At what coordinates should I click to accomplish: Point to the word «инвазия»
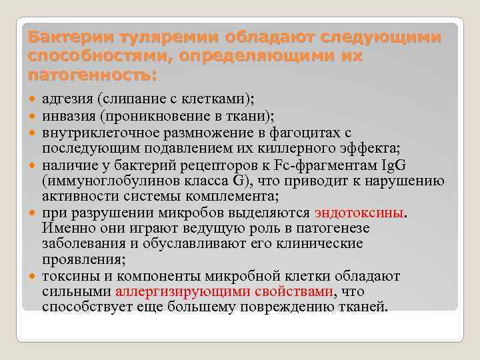pos(68,115)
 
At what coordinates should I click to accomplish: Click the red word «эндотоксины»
pos(359,213)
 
